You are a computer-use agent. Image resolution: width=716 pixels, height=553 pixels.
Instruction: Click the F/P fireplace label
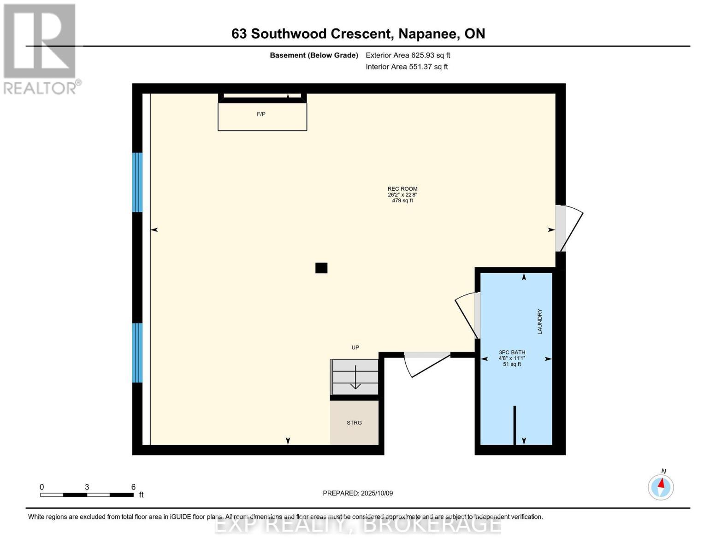261,114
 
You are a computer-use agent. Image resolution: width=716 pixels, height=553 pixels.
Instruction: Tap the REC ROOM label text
402,189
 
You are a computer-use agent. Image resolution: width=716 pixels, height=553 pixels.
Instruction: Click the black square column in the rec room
321,268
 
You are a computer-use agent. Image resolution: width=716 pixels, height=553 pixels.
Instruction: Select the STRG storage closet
354,423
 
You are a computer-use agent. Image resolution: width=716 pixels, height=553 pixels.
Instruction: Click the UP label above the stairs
355,347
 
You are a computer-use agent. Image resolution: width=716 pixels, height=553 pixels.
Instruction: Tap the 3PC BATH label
512,353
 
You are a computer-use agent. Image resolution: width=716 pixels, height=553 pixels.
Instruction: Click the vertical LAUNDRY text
539,321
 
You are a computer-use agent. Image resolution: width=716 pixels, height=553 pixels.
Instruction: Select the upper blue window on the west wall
137,182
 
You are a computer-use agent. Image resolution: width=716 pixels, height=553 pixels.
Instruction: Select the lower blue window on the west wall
137,353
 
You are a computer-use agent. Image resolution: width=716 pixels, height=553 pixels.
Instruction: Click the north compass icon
661,487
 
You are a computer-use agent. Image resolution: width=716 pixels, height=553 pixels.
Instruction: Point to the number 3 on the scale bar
87,487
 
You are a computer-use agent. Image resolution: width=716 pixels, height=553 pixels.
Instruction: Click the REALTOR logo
41,48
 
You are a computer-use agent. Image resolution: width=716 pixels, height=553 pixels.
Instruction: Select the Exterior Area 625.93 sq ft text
408,55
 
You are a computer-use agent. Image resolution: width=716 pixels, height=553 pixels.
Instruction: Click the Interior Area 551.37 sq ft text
407,67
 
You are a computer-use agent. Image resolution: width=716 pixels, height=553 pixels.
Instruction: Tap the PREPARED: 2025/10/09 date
358,493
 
